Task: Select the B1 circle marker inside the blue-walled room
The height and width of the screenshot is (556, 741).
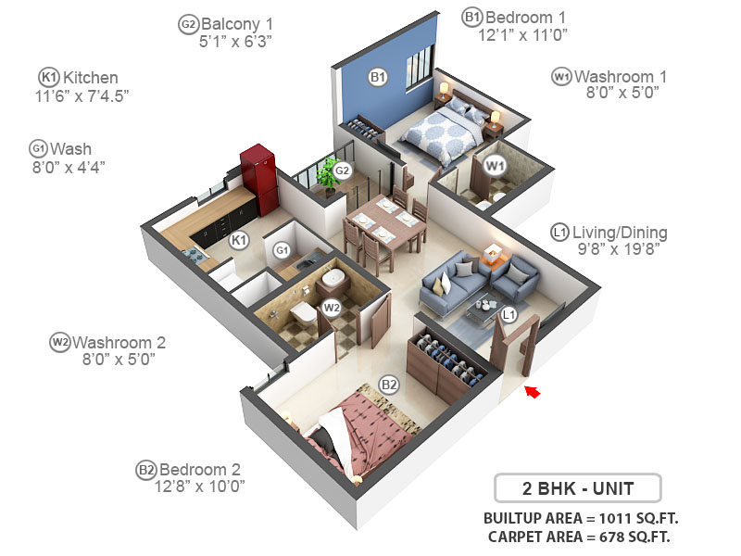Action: (378, 77)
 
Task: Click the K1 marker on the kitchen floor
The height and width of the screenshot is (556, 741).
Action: (239, 241)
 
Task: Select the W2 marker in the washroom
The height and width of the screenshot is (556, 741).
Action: (331, 306)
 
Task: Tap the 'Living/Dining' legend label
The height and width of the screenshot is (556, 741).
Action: (620, 233)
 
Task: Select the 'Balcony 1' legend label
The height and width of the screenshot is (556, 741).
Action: (237, 23)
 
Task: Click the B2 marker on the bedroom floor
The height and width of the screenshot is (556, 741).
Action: (389, 385)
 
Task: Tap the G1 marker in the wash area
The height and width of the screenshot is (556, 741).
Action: (283, 249)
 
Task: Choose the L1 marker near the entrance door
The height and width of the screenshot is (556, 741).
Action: (508, 315)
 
